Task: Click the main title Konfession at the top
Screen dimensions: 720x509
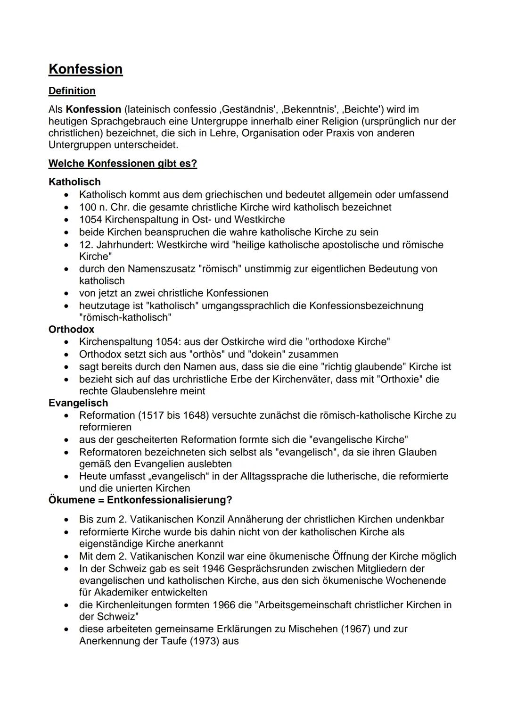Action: (85, 69)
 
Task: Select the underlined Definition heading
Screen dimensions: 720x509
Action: (72, 91)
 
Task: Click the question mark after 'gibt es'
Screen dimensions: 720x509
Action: (194, 164)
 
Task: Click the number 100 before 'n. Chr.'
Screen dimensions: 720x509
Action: (88, 207)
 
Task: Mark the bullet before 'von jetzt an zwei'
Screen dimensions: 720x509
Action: (69, 293)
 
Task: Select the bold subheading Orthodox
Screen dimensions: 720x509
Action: (71, 330)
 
